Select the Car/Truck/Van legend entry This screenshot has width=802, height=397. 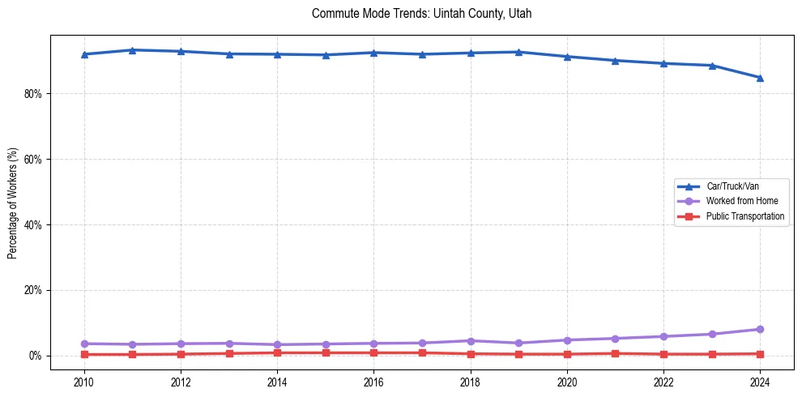[732, 186]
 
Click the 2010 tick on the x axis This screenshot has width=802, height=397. [84, 382]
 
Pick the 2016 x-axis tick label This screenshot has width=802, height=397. [373, 382]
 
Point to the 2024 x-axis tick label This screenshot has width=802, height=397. [760, 382]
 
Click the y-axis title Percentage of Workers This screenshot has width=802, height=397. [13, 203]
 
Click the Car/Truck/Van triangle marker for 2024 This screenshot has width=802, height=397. [760, 78]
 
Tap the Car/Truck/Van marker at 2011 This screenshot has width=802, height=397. [132, 50]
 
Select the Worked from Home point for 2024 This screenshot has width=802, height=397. [760, 329]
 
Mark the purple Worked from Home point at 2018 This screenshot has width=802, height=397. [471, 340]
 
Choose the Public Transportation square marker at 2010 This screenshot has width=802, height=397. [84, 354]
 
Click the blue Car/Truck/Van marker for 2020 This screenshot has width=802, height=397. [567, 57]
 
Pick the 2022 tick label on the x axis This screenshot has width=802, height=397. [663, 382]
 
